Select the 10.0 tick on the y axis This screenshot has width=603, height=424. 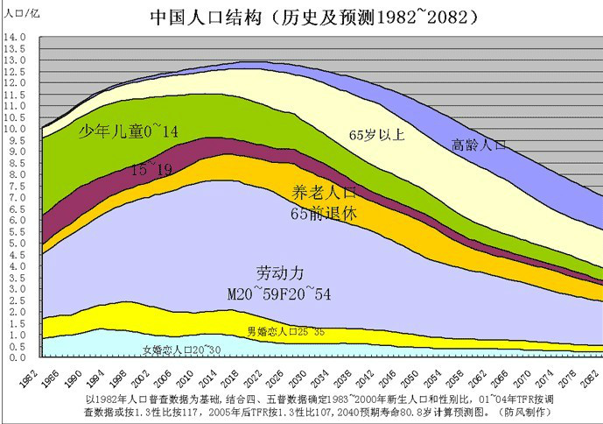coord(17,129)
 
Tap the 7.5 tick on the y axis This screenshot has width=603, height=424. coord(17,187)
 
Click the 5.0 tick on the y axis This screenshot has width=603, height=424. coord(17,244)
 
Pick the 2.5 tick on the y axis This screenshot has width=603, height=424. coord(17,300)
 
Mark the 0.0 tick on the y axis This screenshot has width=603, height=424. coord(17,357)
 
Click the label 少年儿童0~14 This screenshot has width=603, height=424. coord(129,131)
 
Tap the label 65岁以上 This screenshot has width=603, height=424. coord(376,135)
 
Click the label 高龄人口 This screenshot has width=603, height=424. coord(479,145)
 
